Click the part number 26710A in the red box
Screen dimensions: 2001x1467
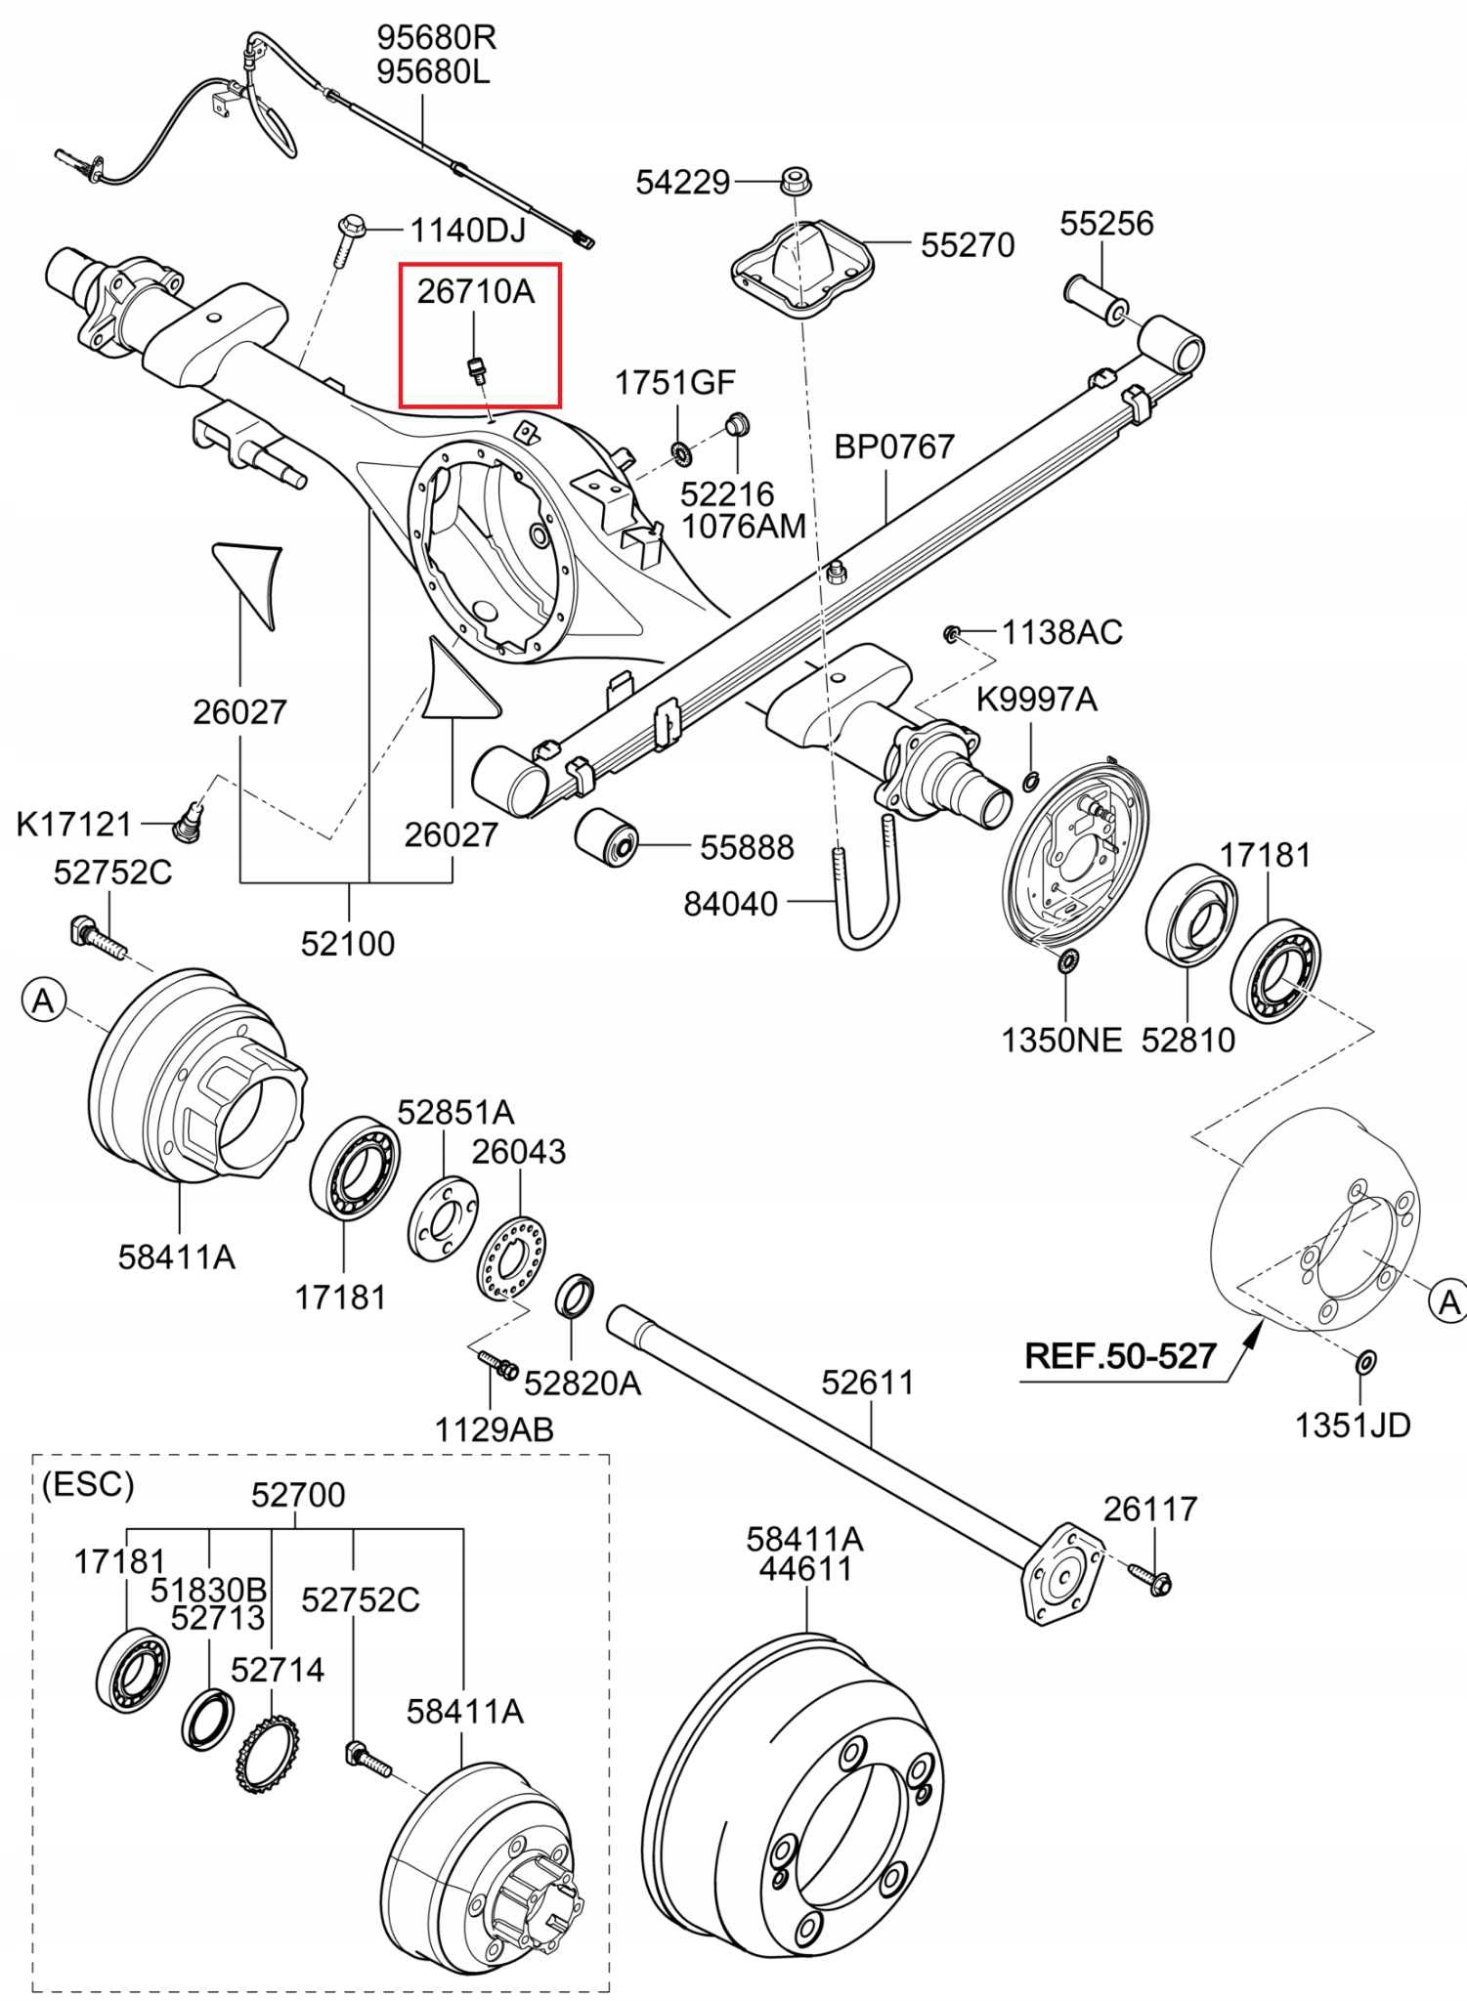click(476, 291)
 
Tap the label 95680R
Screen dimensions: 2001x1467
click(437, 37)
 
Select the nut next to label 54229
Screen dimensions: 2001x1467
click(794, 181)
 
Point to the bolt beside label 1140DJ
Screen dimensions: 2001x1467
click(348, 236)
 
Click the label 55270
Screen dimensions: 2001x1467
click(968, 244)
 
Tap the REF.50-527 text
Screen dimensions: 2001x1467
click(1120, 1356)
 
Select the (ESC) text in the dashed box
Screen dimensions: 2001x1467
click(88, 1484)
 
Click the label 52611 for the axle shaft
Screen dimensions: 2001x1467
click(868, 1382)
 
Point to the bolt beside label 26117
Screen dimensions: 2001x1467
click(1151, 1575)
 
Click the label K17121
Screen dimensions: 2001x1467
click(73, 825)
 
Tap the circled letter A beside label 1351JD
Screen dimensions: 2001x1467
click(1447, 1301)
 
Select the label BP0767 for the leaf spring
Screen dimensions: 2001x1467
click(893, 447)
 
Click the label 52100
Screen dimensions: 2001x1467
click(348, 943)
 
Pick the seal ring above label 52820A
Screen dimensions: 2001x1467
click(574, 1296)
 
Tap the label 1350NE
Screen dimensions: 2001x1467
click(1061, 1039)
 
